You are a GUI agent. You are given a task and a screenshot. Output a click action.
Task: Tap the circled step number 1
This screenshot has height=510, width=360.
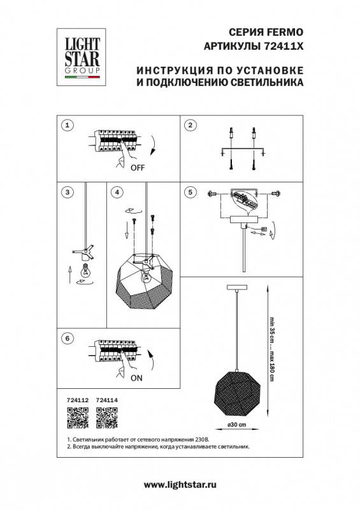[x=68, y=125]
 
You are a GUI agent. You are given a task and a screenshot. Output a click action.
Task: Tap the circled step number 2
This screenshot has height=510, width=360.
[x=190, y=125]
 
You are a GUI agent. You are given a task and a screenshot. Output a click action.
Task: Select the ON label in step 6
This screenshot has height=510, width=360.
[x=136, y=377]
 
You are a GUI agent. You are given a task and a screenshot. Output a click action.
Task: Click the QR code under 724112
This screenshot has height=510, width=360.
[x=76, y=418]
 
